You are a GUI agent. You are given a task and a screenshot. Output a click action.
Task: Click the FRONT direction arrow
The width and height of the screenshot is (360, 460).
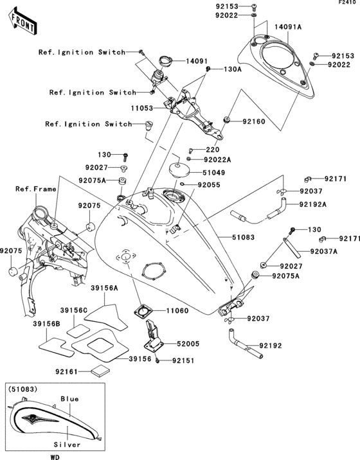(x=22, y=22)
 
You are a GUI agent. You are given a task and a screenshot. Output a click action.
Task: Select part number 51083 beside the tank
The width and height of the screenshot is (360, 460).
(x=243, y=237)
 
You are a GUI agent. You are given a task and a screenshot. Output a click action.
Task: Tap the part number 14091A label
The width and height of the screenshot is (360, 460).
(x=288, y=27)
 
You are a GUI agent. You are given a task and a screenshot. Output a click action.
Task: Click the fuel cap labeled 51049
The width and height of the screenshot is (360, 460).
(x=179, y=170)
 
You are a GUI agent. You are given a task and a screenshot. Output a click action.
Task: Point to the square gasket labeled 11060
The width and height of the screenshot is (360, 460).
(x=143, y=311)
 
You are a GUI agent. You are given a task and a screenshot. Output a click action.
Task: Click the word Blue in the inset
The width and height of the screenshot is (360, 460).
(x=69, y=399)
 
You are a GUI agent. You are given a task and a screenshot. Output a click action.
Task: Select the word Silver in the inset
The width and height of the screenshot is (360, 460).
(x=67, y=445)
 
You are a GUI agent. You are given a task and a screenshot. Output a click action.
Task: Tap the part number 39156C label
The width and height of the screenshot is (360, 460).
(x=74, y=310)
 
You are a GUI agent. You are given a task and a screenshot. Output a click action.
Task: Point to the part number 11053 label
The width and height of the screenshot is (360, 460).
(x=142, y=108)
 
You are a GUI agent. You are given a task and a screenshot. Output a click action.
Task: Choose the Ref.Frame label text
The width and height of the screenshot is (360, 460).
(x=36, y=189)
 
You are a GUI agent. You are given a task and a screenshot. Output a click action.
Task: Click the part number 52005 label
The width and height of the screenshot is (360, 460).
(x=188, y=344)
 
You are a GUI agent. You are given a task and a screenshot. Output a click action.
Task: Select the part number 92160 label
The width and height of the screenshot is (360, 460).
(x=254, y=121)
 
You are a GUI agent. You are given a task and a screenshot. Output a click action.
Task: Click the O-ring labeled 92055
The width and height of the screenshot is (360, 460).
(x=183, y=184)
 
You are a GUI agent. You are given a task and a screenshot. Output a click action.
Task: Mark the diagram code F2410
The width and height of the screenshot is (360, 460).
(x=349, y=3)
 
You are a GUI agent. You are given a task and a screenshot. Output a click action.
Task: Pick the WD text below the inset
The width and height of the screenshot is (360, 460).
(x=55, y=457)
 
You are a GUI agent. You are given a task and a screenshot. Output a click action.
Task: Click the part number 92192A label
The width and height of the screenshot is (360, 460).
(x=313, y=204)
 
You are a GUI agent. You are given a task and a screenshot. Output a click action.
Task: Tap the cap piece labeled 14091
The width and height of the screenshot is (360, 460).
(x=166, y=61)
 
